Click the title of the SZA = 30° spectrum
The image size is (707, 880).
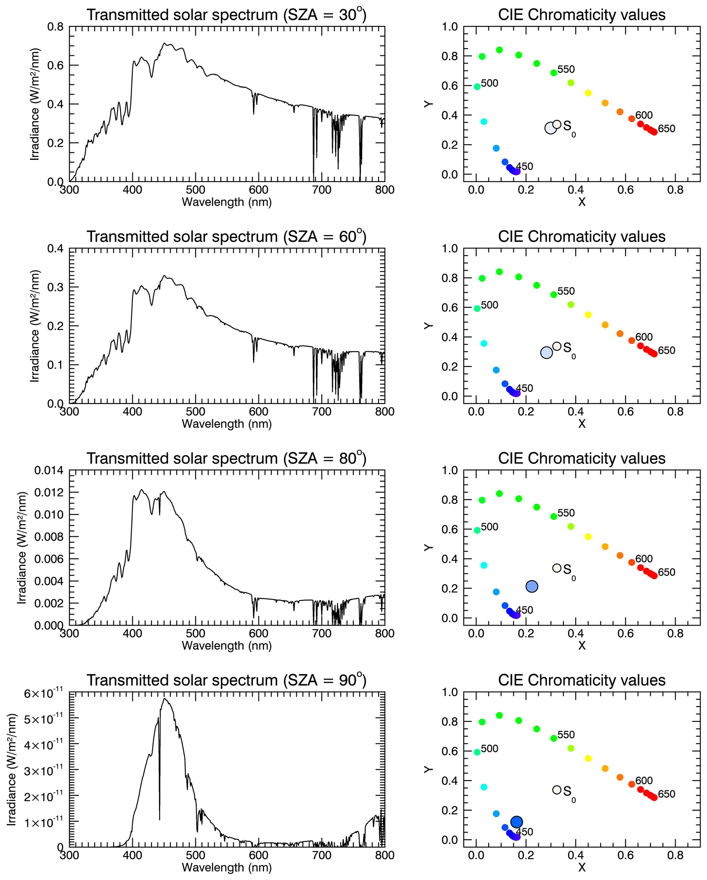pyautogui.click(x=226, y=15)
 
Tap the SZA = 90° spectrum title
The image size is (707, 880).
pyautogui.click(x=226, y=680)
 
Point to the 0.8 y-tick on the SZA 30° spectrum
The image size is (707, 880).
pyautogui.click(x=55, y=27)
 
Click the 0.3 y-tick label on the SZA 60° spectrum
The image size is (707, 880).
pyautogui.click(x=55, y=287)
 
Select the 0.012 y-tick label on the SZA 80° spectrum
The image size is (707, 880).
pyautogui.click(x=49, y=492)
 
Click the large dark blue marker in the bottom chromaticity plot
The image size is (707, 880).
pyautogui.click(x=516, y=821)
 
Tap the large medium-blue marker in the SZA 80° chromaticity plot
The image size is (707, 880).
pyautogui.click(x=532, y=586)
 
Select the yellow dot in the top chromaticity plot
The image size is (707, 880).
pyautogui.click(x=588, y=93)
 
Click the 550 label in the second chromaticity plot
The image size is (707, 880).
pyautogui.click(x=566, y=291)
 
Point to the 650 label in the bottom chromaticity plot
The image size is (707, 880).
pyautogui.click(x=666, y=794)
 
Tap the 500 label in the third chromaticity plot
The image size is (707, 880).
pyautogui.click(x=489, y=527)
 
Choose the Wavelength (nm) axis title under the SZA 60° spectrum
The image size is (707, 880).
pyautogui.click(x=226, y=424)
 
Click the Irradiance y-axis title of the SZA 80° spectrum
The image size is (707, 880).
pyautogui.click(x=22, y=548)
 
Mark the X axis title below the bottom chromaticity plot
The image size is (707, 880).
pyautogui.click(x=582, y=867)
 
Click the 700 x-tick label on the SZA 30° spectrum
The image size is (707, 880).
pyautogui.click(x=322, y=190)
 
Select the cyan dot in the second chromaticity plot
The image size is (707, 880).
pyautogui.click(x=484, y=344)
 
